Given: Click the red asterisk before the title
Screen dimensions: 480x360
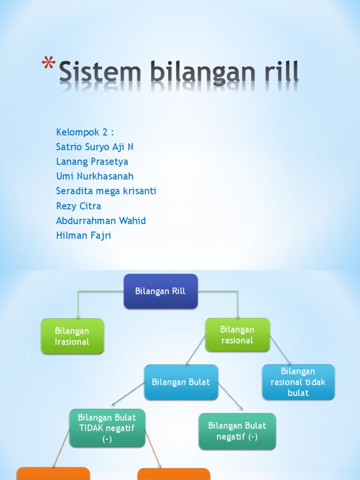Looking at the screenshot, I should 49,63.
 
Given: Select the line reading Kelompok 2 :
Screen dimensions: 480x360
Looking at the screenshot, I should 85,132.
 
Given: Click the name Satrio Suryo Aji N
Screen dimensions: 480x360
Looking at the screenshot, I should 95,147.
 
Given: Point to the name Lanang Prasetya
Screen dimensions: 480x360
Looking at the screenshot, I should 92,162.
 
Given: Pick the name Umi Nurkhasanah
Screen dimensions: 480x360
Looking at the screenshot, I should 95,176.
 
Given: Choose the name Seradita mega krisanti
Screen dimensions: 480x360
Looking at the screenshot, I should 106,191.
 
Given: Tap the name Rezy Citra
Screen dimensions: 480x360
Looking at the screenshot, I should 78,206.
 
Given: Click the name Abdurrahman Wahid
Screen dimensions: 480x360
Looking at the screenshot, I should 101,220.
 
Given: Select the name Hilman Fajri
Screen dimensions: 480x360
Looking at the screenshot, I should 83,235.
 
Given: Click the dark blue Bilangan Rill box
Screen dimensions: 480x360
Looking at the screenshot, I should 160,291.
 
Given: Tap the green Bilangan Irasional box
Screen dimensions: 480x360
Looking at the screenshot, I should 72,336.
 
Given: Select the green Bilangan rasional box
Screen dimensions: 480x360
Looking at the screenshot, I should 237,335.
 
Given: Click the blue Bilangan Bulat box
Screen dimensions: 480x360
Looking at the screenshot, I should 181,382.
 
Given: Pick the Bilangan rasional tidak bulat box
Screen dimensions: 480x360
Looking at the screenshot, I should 298,382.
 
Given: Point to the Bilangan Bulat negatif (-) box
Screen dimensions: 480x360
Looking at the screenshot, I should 237,431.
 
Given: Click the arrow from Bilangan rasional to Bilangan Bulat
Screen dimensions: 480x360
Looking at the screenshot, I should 196,350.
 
